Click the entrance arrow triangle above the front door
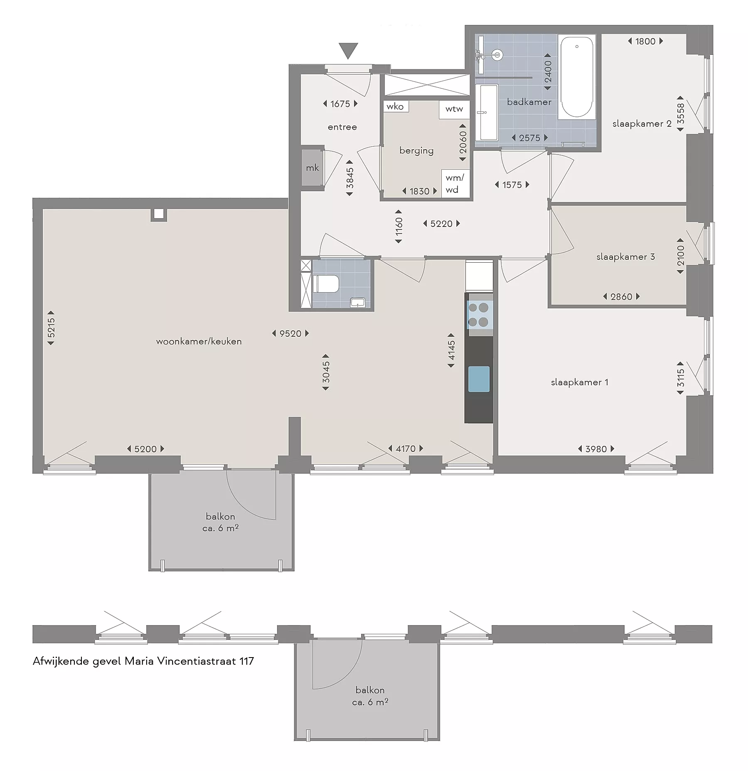[348, 50]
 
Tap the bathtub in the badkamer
[577, 77]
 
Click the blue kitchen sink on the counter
[479, 379]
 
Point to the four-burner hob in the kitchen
[479, 315]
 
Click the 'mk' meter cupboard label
[312, 168]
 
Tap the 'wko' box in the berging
[395, 106]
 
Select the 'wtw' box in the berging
[454, 109]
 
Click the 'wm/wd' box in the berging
[455, 183]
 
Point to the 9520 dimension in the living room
[290, 333]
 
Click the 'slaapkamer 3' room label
[625, 257]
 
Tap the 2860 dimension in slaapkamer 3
[621, 297]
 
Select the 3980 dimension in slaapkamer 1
[596, 449]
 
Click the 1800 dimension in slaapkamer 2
[645, 41]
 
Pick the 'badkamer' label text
[529, 102]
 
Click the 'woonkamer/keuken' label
[199, 341]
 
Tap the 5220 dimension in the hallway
[441, 224]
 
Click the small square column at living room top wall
[159, 214]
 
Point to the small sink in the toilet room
[358, 302]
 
